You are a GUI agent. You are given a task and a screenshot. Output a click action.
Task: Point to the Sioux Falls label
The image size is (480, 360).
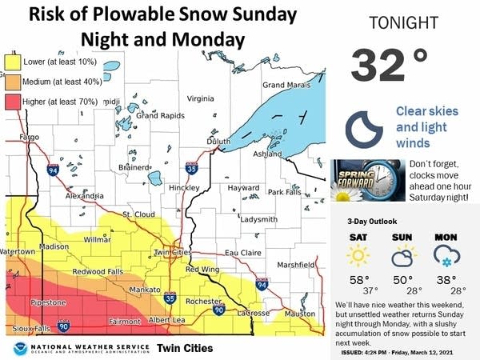(x=29, y=329)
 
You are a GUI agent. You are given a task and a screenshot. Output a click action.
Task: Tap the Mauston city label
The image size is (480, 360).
(x=301, y=314)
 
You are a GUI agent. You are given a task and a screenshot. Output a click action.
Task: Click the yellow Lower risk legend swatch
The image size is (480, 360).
(x=14, y=61)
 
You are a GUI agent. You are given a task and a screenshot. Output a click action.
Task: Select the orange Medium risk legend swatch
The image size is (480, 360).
(x=14, y=81)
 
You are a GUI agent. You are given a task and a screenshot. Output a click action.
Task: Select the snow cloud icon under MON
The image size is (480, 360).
(x=445, y=256)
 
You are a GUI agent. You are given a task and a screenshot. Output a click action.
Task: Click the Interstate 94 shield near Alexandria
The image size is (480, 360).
(x=53, y=170)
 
